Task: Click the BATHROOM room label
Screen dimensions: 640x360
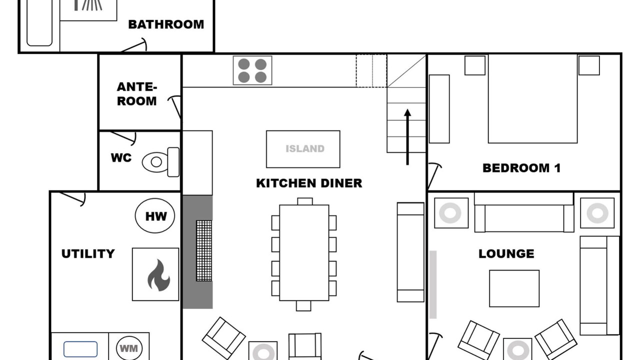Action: pyautogui.click(x=166, y=24)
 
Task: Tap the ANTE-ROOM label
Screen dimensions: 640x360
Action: pyautogui.click(x=137, y=94)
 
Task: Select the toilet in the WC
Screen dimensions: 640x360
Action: pyautogui.click(x=161, y=162)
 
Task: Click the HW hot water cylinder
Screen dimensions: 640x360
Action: pyautogui.click(x=155, y=215)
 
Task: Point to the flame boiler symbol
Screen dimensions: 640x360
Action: pyautogui.click(x=159, y=275)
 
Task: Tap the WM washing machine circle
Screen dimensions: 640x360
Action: pyautogui.click(x=129, y=348)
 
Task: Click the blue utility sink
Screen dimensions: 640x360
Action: pyautogui.click(x=80, y=349)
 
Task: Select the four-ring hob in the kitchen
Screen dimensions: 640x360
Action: pyautogui.click(x=252, y=70)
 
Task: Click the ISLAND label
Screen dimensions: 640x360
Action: pyautogui.click(x=305, y=149)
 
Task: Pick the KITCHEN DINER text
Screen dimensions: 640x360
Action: pyautogui.click(x=309, y=183)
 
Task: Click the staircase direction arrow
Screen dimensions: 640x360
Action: pyautogui.click(x=407, y=137)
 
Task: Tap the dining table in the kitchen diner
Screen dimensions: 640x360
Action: pyautogui.click(x=304, y=252)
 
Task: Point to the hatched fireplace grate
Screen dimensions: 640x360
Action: pyautogui.click(x=204, y=250)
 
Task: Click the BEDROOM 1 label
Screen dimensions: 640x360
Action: pyautogui.click(x=521, y=168)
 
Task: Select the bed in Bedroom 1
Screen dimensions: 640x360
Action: pyautogui.click(x=532, y=98)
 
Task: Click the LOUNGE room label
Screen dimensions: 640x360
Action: pyautogui.click(x=506, y=253)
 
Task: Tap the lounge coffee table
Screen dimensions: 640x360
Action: pyautogui.click(x=514, y=288)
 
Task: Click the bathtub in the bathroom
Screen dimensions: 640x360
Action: pyautogui.click(x=39, y=22)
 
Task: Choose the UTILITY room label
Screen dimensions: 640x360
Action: pyautogui.click(x=88, y=253)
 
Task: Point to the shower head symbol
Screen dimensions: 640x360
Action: pyautogui.click(x=88, y=5)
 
